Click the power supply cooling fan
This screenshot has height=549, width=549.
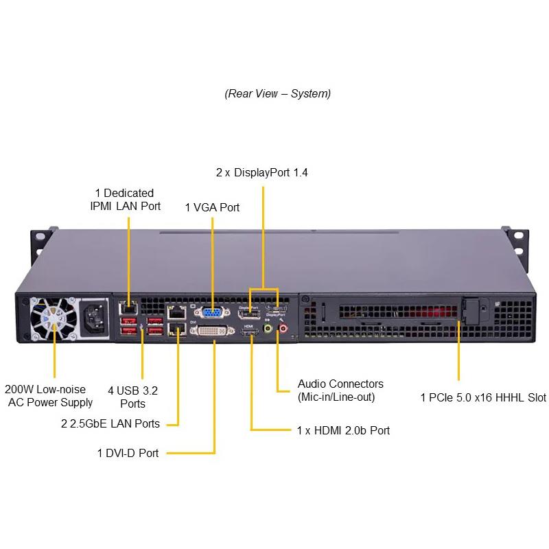tap(54, 317)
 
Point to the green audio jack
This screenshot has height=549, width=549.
tap(269, 329)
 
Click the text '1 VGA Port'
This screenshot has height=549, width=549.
tap(212, 207)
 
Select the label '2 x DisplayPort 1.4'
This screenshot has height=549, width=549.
tap(261, 172)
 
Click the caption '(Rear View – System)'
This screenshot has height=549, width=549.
tap(277, 93)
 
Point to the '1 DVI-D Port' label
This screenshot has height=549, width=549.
tap(128, 453)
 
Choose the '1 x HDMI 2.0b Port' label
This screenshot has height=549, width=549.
tap(343, 430)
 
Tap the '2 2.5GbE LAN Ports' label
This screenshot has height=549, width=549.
tap(110, 423)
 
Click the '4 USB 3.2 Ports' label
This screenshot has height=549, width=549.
tap(132, 397)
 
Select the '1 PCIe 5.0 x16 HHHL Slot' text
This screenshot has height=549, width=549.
tap(483, 397)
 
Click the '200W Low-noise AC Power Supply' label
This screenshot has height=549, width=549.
tap(49, 395)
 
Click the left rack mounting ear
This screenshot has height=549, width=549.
tap(40, 240)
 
